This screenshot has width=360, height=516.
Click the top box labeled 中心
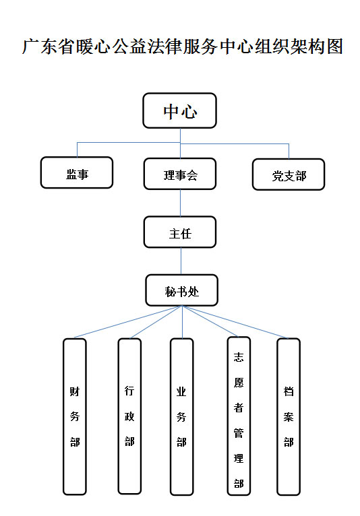[x=179, y=110]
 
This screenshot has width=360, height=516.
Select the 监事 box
[x=77, y=172]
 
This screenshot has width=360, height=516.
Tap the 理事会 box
[x=180, y=174]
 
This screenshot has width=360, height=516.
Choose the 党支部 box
[x=289, y=174]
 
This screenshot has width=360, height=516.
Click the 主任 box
[x=180, y=232]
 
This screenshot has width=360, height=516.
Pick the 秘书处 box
[x=182, y=290]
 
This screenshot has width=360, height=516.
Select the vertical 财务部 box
[x=75, y=416]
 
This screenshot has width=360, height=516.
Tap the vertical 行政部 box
[x=129, y=416]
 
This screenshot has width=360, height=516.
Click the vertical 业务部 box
[x=181, y=416]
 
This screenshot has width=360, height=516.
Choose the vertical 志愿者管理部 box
[x=239, y=416]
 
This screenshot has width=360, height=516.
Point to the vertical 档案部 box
[x=289, y=416]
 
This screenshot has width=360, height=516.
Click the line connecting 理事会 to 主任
[x=180, y=203]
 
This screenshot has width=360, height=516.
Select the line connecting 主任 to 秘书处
[x=181, y=261]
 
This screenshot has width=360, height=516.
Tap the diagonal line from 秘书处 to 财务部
[x=128, y=321]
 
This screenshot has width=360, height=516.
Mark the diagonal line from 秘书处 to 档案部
[x=235, y=322]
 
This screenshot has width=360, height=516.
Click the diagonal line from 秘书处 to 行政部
[x=156, y=322]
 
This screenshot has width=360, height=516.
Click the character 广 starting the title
[x=30, y=46]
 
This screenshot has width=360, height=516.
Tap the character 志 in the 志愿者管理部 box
[x=239, y=357]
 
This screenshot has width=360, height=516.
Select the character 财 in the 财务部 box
[x=75, y=391]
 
